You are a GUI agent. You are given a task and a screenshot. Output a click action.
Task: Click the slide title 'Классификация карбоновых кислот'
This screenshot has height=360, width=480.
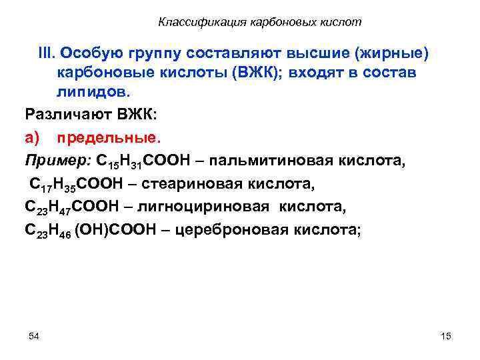[260, 22]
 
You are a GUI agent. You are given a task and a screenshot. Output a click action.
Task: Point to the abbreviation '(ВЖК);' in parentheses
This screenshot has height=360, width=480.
[257, 73]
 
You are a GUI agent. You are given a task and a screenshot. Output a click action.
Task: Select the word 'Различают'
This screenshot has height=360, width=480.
[67, 113]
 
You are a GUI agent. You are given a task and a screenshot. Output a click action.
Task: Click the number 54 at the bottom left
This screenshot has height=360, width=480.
[34, 335]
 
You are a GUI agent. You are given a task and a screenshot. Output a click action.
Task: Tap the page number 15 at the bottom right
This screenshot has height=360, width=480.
[446, 336]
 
